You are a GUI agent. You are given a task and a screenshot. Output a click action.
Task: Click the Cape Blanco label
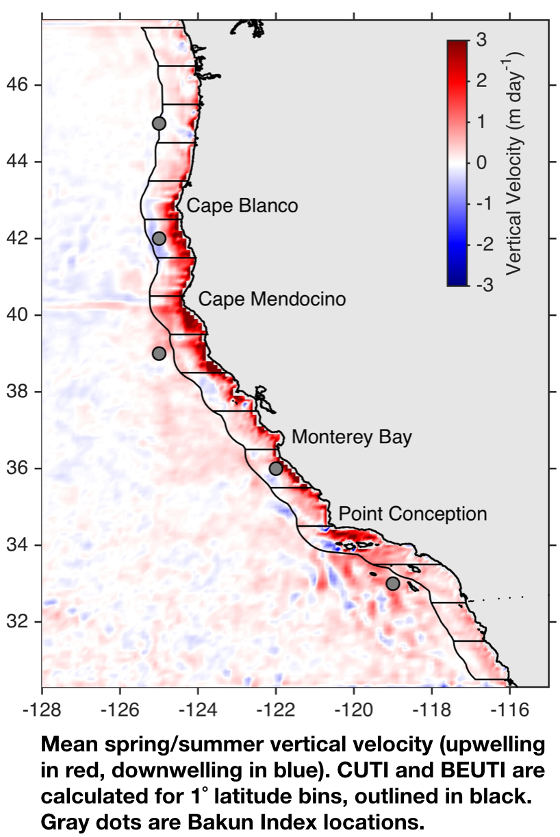pos(242,206)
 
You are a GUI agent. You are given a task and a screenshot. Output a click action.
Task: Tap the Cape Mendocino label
pos(272,299)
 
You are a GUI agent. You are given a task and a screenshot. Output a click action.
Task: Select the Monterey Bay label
pos(352,438)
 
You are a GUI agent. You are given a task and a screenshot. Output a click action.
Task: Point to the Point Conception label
pos(412,514)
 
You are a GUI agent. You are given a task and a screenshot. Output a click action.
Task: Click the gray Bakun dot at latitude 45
pos(159,123)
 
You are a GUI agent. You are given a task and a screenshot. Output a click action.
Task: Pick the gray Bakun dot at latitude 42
pos(159,238)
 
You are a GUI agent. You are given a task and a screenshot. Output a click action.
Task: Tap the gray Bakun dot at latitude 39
pos(159,353)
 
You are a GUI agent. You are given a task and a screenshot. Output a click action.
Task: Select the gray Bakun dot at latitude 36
pos(276,469)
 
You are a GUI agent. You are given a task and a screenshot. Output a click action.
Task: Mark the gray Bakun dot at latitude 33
pos(393,584)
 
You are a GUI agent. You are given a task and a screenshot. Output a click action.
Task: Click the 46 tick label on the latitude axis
pos(17,85)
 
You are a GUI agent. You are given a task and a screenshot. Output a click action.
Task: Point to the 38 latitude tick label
pos(17,392)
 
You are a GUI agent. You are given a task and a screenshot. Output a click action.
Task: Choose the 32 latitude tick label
pos(17,622)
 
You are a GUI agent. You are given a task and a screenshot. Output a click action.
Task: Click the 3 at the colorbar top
pos(482,40)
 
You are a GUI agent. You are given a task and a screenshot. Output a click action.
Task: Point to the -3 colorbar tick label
pos(485,285)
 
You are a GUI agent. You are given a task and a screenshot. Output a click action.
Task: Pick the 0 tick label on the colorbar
pos(482,162)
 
